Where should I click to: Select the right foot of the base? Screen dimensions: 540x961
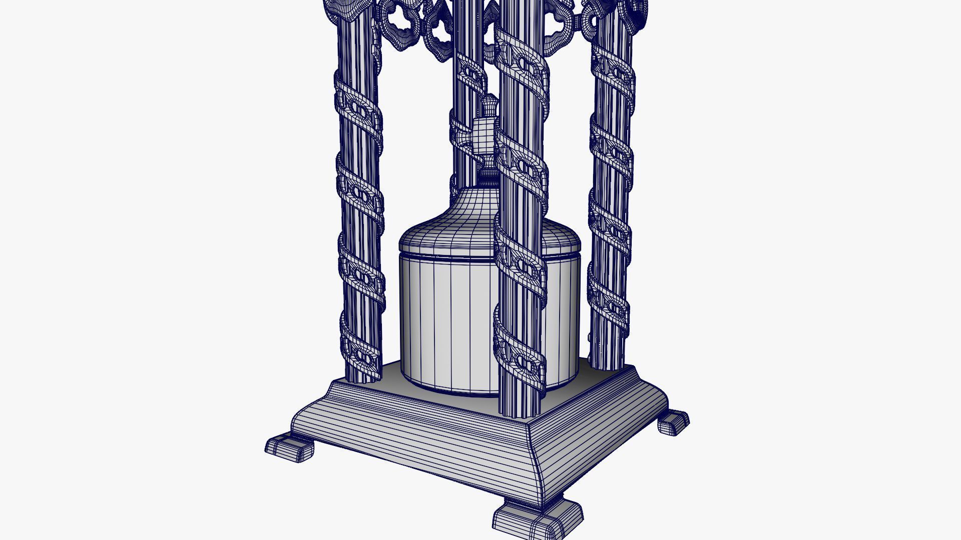pos(673,422)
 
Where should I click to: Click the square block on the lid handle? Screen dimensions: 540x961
pos(483,135)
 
